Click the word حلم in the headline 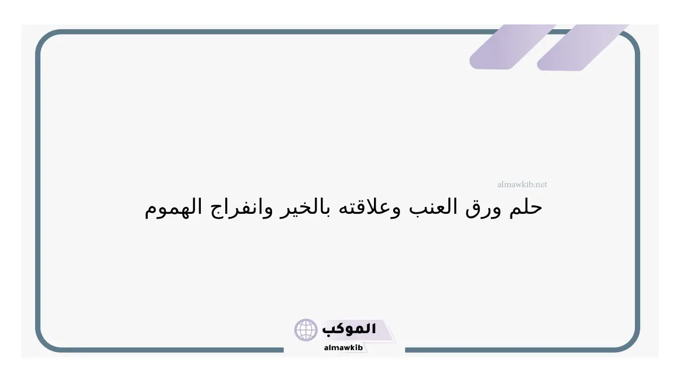pyautogui.click(x=525, y=207)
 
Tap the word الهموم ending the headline pyautogui.click(x=173, y=208)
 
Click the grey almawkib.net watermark pyautogui.click(x=522, y=184)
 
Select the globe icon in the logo pyautogui.click(x=305, y=330)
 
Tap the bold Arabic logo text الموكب pyautogui.click(x=349, y=329)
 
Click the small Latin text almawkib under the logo pyautogui.click(x=343, y=348)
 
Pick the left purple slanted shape pyautogui.click(x=513, y=47)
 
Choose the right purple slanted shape pyautogui.click(x=583, y=47)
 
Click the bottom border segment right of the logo pyautogui.click(x=509, y=350)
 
